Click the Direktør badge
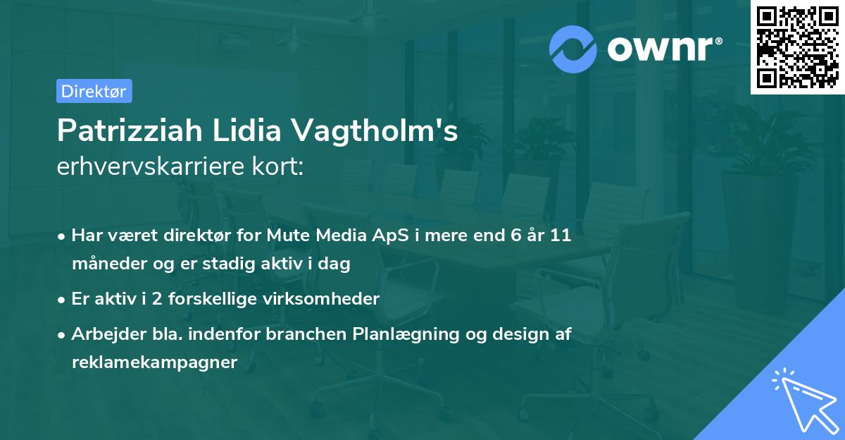point(94,91)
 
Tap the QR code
point(797,47)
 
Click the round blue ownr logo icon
point(573,49)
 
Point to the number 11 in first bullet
point(561,236)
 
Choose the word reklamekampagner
point(154,362)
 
